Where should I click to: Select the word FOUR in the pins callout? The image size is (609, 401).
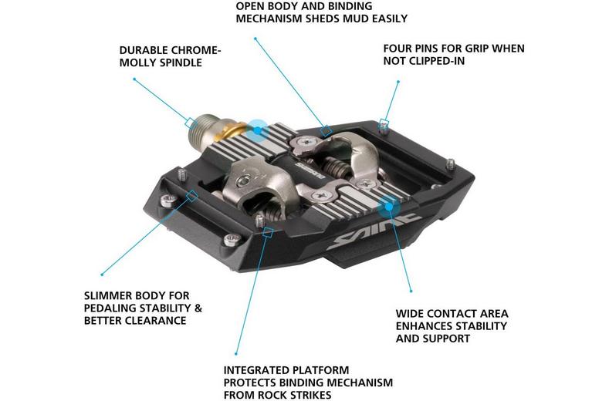tap(398, 49)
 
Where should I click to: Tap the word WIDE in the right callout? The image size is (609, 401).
tap(410, 314)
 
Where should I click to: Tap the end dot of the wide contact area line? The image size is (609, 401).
tap(411, 291)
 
